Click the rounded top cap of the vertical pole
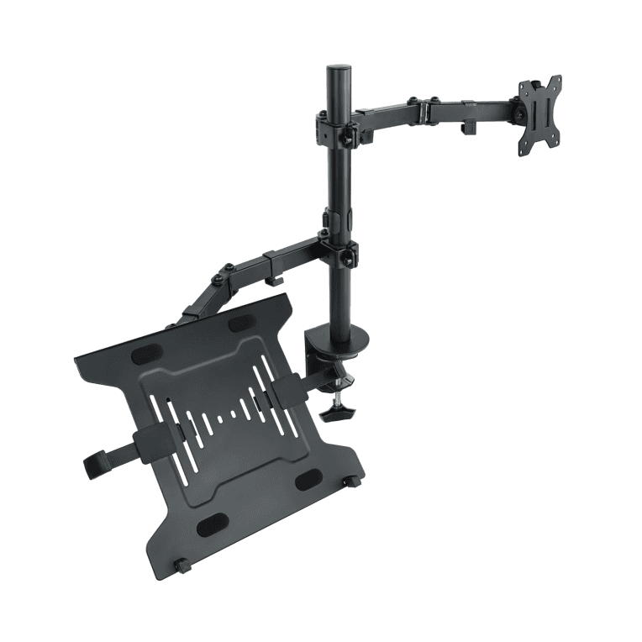337,69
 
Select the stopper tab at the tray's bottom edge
182,566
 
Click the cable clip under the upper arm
468,128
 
